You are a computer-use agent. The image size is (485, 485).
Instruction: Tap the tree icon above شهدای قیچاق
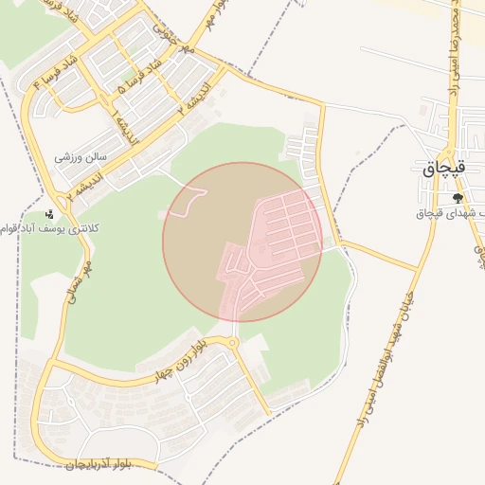point(458,198)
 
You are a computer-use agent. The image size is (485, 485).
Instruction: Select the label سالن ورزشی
point(81,157)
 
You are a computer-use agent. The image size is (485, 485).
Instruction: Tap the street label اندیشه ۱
point(122,128)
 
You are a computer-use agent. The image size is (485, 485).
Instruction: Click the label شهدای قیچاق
point(451,213)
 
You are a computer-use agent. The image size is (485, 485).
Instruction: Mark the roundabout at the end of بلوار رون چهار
point(231,340)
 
